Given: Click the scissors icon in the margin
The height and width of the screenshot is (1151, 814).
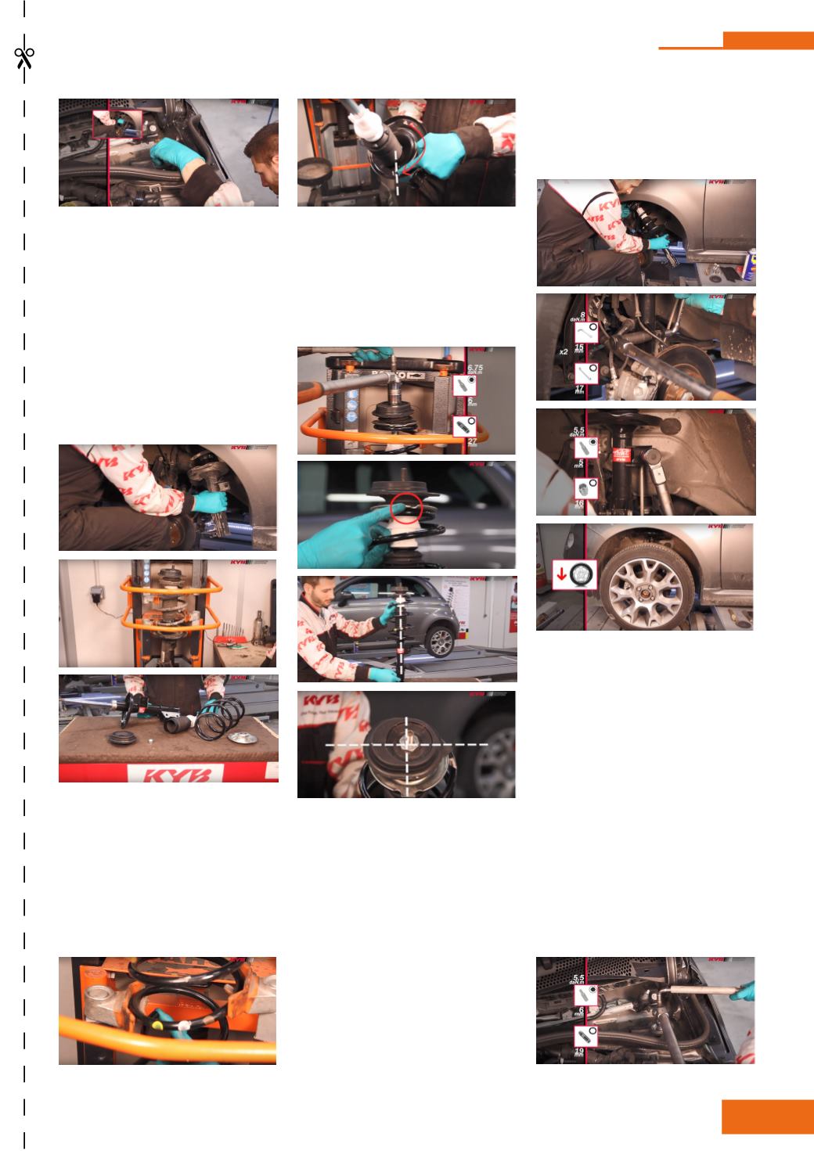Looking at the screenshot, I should (x=23, y=58).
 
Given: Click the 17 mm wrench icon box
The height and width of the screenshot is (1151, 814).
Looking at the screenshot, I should (x=586, y=373).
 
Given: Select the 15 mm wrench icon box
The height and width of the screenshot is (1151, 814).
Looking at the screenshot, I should (x=586, y=333).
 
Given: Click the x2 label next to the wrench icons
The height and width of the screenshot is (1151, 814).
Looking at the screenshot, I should (x=564, y=352).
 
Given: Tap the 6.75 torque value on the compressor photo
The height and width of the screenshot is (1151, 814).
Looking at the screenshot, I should (x=475, y=367).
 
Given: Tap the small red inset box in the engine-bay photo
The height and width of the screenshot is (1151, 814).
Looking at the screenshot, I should (x=118, y=124).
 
